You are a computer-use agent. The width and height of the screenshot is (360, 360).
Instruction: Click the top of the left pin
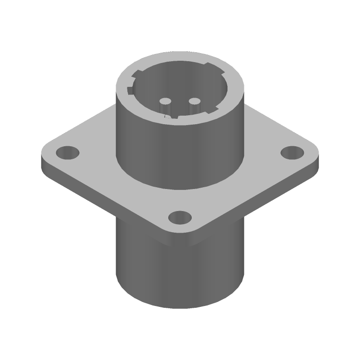pos(165,101)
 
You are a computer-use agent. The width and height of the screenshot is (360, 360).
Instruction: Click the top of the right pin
pos(195,101)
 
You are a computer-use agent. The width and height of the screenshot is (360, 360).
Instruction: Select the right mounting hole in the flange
pos(292,153)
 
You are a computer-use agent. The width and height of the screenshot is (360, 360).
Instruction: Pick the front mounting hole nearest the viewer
pos(180,219)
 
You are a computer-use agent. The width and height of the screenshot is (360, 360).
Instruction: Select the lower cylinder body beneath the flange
pos(180,270)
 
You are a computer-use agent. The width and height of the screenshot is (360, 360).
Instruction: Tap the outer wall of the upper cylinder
pos(180,153)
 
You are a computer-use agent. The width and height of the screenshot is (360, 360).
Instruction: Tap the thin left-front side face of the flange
pos(103,198)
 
